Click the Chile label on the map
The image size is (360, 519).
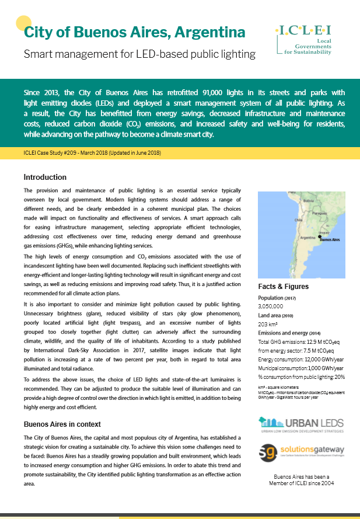(298, 220)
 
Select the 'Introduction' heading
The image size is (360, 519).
(45, 177)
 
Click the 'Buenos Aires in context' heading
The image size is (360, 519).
(62, 424)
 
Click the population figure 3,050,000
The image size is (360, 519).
(271, 305)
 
